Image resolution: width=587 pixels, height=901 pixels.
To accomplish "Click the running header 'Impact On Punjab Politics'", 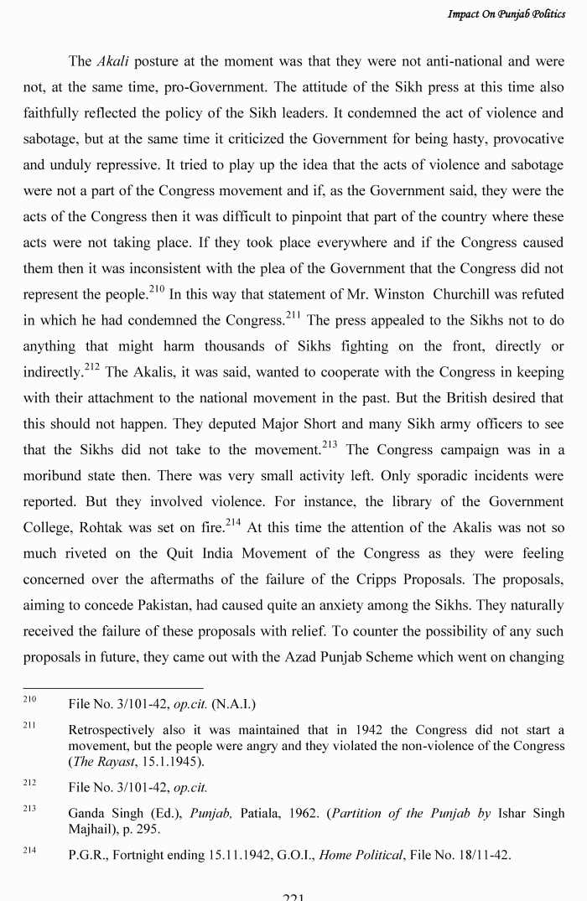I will tap(506, 15).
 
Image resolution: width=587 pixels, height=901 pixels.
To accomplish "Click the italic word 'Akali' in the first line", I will tap(112, 61).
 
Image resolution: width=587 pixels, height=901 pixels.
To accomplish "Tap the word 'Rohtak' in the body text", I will tap(106, 528).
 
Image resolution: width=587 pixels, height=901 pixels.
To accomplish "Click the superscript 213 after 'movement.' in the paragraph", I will tap(333, 445).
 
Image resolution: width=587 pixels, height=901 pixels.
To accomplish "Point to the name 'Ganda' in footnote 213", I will tap(86, 813).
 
